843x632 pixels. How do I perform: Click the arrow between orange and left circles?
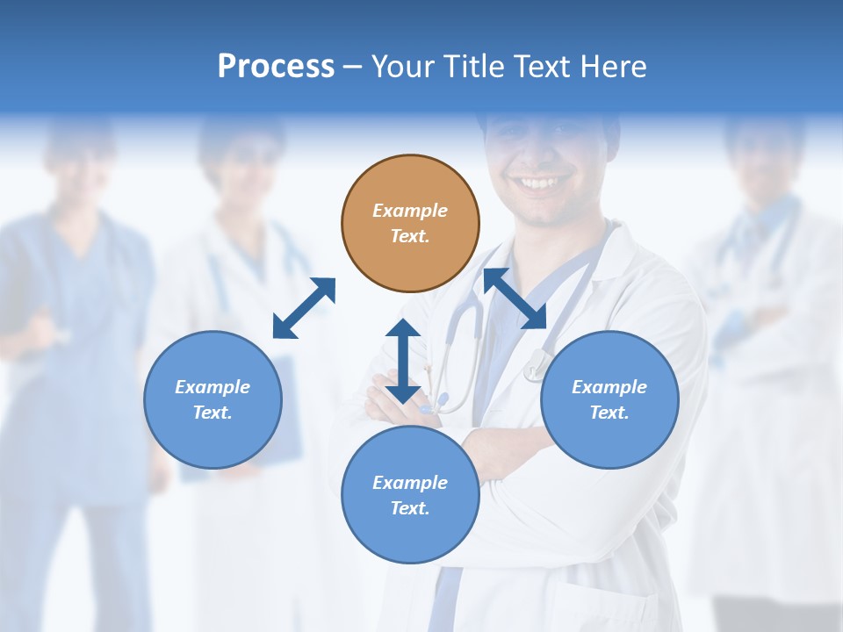coord(304,308)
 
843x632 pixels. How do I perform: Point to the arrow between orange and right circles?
coord(515,298)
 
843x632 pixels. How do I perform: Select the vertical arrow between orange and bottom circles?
coord(403,361)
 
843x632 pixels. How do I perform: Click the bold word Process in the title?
coord(276,67)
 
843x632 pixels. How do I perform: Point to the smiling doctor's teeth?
coord(539,183)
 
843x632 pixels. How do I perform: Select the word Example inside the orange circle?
coord(410,211)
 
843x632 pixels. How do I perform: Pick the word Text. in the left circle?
coord(213,413)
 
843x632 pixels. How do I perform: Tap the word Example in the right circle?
coord(609,387)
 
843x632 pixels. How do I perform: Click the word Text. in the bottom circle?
coord(410,508)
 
